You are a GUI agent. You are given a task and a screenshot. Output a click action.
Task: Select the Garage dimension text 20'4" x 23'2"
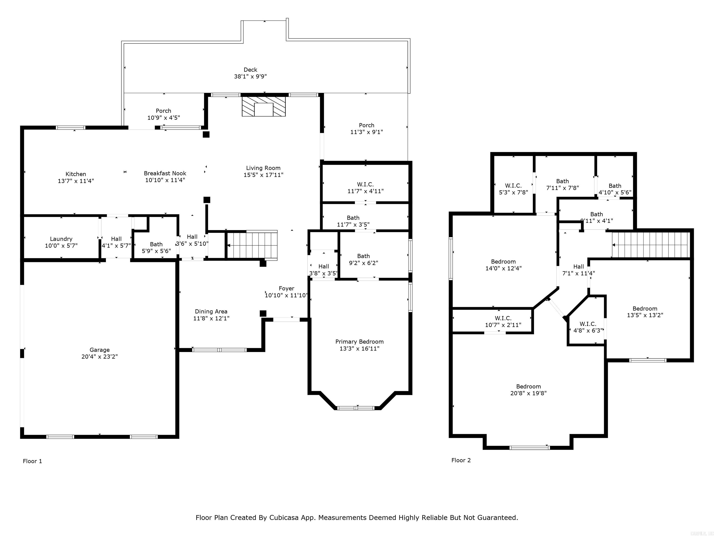[x=99, y=357]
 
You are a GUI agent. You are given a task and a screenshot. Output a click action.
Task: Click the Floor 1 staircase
[x=252, y=245]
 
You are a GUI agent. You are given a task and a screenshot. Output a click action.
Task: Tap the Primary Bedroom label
[x=359, y=342]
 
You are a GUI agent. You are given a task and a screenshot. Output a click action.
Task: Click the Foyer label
[x=286, y=288]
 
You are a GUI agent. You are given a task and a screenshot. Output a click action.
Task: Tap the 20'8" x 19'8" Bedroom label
[x=528, y=387]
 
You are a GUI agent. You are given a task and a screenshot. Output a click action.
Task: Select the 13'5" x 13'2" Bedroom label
[x=645, y=308]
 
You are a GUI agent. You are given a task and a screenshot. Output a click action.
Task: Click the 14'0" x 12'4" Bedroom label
[x=503, y=262]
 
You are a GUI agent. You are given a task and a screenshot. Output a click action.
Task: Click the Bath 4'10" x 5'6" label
[x=615, y=186]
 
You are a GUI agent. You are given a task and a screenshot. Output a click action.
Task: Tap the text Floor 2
[x=461, y=460]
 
